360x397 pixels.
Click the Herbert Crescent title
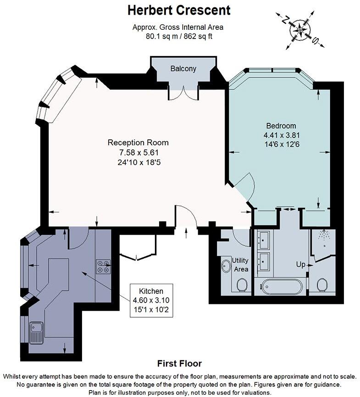coord(179,11)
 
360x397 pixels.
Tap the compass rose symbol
coord(300,30)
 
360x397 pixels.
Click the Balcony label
coord(183,69)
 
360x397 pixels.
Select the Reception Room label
coord(138,143)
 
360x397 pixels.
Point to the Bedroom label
coord(281,126)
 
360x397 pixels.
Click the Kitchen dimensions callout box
coord(151,300)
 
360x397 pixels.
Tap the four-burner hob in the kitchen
coord(103,267)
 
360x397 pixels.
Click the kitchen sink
coord(36,333)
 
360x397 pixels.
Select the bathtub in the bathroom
coord(281,287)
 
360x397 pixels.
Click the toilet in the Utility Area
coord(243,285)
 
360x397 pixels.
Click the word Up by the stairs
coord(300,265)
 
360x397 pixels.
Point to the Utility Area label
coord(240,265)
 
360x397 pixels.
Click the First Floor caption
coord(179,364)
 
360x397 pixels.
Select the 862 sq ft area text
coord(198,36)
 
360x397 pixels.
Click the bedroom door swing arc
coord(249,186)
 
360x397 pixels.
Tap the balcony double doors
coord(183,93)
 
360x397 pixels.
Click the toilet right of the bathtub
coord(322,285)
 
